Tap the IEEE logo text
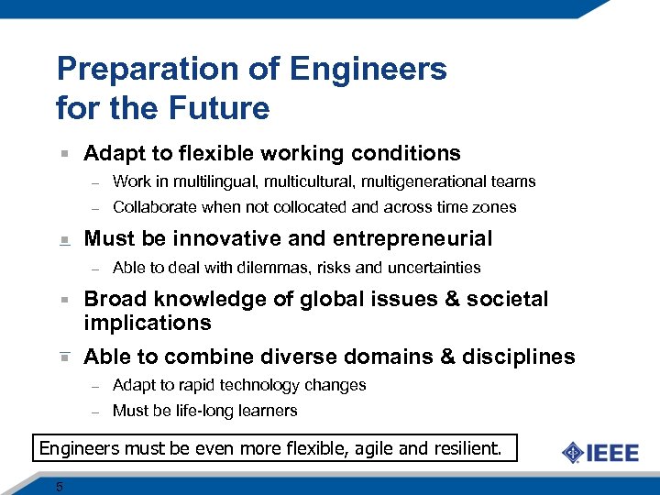[613, 452]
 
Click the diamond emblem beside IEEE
[573, 453]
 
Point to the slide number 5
[60, 487]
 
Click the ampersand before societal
[462, 299]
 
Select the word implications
[148, 323]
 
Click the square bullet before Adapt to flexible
[63, 154]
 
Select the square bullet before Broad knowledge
[63, 300]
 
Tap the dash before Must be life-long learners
[93, 412]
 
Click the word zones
[497, 207]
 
